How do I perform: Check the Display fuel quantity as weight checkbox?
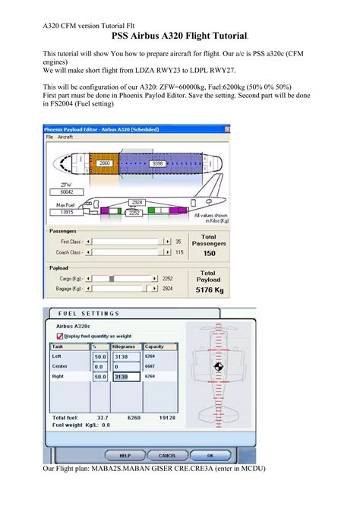(60, 335)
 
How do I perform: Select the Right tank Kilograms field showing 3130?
(125, 376)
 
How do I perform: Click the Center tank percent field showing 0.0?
(99, 365)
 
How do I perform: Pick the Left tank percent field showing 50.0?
(99, 356)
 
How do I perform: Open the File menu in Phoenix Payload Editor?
(49, 137)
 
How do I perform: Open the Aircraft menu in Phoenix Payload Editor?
(65, 137)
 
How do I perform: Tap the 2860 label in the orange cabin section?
(105, 163)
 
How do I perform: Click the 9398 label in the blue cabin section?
(158, 163)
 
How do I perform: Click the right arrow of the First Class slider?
(167, 241)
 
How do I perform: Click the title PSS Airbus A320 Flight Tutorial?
(180, 36)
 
